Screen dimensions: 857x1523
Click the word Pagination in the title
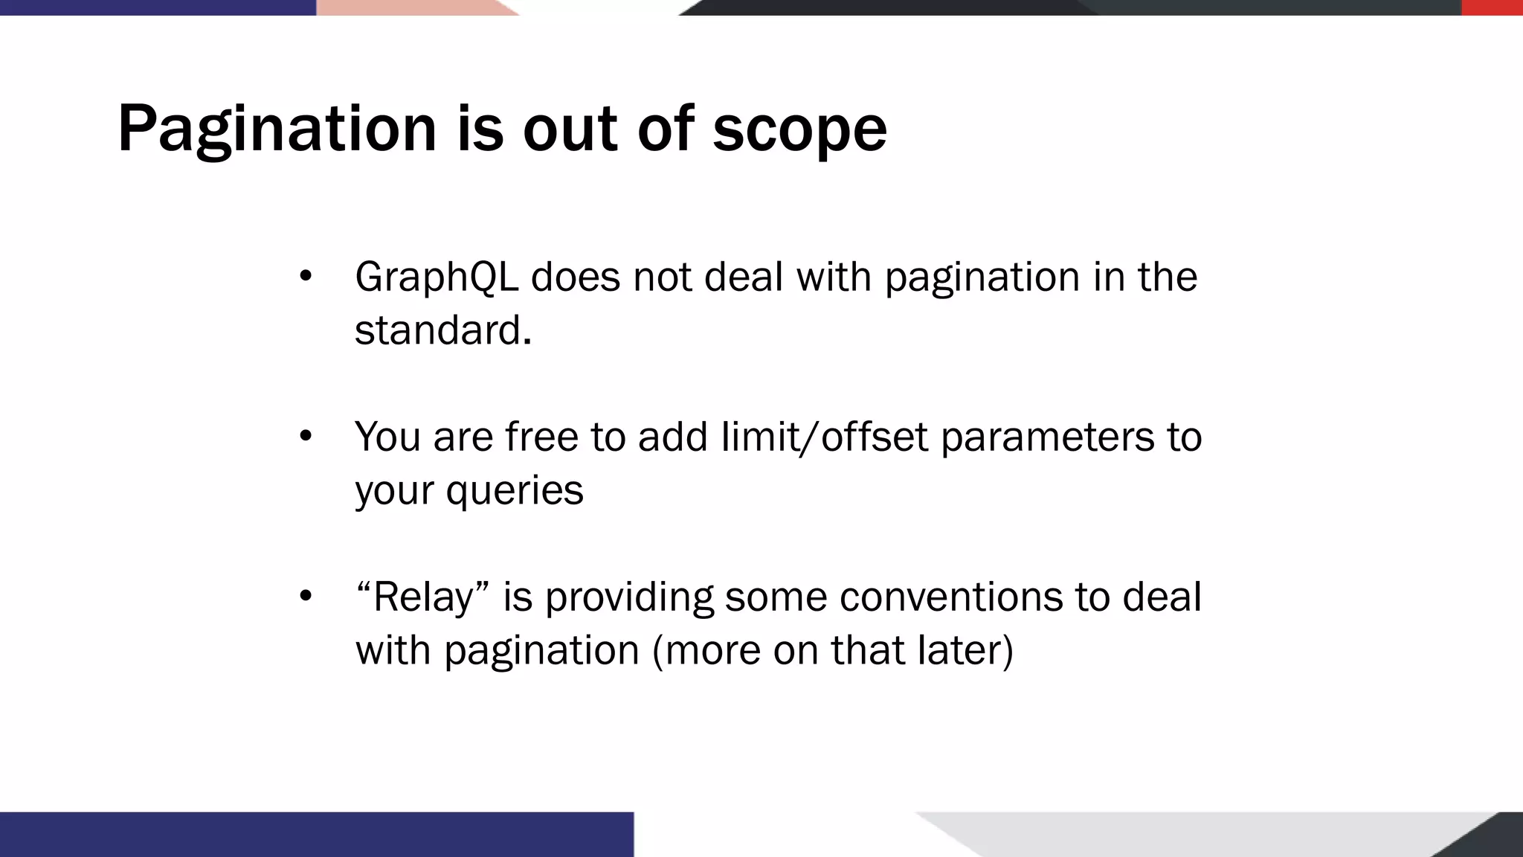[277, 129]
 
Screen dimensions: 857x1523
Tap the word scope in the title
[799, 129]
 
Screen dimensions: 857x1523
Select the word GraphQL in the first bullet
[436, 277]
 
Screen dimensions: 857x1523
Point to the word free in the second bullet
[541, 437]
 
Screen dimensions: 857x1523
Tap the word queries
[515, 491]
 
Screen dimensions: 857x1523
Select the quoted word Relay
[423, 597]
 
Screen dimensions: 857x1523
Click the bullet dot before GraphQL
[305, 277]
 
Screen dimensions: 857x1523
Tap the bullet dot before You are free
[305, 437]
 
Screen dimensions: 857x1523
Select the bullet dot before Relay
[305, 597]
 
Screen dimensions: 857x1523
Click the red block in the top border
[1492, 7]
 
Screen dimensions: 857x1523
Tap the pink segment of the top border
[409, 7]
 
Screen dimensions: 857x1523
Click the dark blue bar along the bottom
[316, 834]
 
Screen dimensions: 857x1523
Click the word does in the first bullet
[575, 277]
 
